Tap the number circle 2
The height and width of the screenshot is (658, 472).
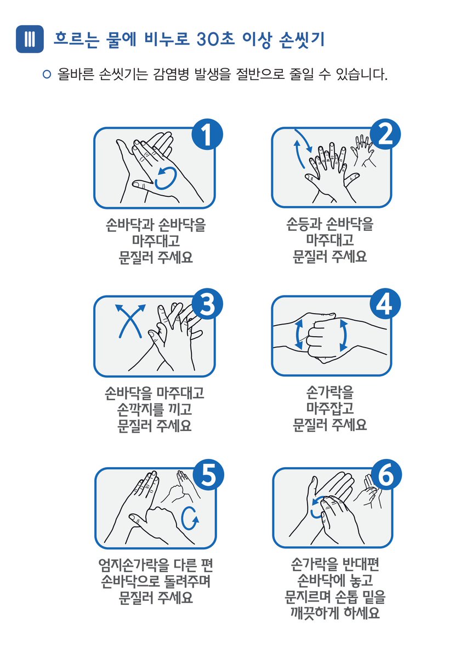point(385,136)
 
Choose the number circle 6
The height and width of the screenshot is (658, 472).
point(385,476)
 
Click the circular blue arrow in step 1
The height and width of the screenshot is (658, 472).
point(166,178)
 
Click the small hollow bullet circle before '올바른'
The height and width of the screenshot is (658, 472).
point(47,73)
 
